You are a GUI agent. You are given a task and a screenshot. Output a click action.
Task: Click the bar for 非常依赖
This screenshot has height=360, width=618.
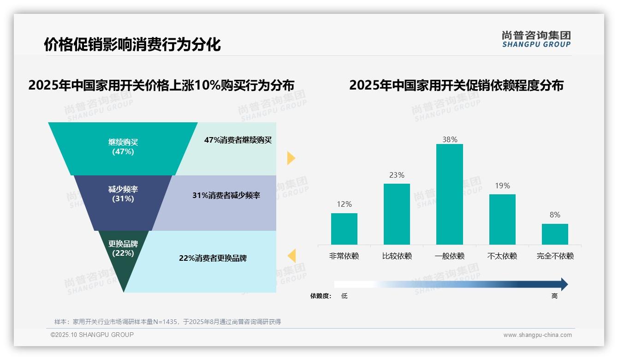pos(344,229)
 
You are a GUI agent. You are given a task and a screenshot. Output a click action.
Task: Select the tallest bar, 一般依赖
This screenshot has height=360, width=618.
pos(449,194)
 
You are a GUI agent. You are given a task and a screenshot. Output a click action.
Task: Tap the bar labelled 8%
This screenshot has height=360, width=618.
pos(555,234)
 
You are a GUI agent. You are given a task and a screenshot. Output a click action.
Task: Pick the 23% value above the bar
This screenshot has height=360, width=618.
pos(397,175)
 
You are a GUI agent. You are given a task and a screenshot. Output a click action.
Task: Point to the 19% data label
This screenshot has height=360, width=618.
pos(502,186)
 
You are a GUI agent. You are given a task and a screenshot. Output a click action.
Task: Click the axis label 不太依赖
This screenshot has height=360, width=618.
pos(502,256)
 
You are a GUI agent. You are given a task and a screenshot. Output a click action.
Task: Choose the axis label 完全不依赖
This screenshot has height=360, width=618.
pos(555,256)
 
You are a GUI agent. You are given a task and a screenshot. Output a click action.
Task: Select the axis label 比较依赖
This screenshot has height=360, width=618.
pos(397,256)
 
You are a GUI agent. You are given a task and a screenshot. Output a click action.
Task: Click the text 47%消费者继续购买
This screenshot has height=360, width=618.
pos(238,140)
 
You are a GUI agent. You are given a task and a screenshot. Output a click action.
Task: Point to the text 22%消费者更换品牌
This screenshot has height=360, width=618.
pos(213,258)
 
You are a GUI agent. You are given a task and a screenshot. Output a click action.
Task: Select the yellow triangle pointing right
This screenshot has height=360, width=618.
pos(291,158)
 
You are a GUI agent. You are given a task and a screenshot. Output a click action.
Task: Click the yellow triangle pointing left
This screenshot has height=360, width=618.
pos(292,256)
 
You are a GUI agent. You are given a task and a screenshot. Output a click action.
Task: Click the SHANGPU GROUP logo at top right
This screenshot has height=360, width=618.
pos(536,39)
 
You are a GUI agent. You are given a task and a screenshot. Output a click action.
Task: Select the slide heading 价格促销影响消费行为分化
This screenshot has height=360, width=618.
pos(132,44)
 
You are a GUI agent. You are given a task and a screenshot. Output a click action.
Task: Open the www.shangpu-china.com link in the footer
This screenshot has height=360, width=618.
pos(537,335)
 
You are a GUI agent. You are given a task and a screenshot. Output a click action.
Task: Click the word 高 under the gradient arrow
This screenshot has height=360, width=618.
pos(554,296)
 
